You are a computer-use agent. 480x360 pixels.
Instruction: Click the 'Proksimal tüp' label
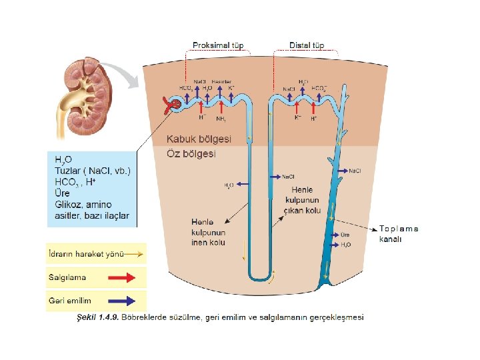(x=218, y=45)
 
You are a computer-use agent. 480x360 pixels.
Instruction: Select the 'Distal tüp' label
(x=307, y=45)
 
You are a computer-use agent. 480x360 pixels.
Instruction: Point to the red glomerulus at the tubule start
(x=173, y=104)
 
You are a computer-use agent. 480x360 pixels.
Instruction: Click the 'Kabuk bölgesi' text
(x=198, y=139)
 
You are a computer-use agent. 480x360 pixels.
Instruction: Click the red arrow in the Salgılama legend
(x=127, y=277)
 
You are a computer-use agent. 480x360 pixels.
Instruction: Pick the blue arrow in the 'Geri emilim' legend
(x=127, y=301)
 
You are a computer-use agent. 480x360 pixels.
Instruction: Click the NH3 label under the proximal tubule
(x=221, y=119)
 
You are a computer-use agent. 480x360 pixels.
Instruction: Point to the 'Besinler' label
(x=221, y=81)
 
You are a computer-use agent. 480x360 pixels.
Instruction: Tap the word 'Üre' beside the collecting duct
(x=345, y=235)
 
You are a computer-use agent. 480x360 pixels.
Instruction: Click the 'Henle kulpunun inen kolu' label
(x=208, y=232)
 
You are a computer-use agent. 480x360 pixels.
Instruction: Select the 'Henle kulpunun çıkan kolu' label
(x=302, y=200)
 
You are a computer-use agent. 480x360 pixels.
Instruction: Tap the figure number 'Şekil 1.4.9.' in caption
(x=98, y=318)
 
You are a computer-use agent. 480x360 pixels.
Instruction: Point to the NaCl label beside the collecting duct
(x=357, y=171)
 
